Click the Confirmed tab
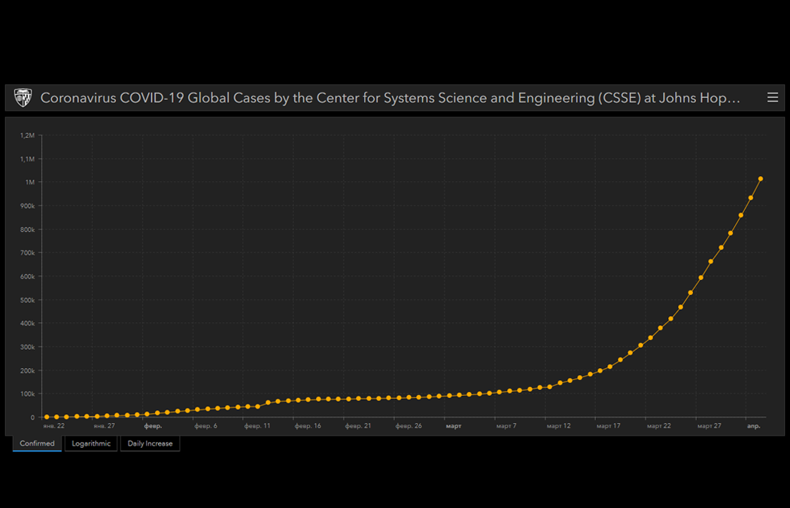click(x=37, y=443)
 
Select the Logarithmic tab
click(x=91, y=443)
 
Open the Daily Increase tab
click(x=150, y=443)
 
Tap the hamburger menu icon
click(x=772, y=98)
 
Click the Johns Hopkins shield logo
click(x=23, y=98)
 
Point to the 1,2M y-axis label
click(x=28, y=135)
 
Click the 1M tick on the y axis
click(x=30, y=182)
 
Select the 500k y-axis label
click(x=27, y=300)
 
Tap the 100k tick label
click(x=27, y=394)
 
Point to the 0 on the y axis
click(x=32, y=417)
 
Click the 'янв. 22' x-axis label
click(x=54, y=426)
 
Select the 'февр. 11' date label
click(x=257, y=426)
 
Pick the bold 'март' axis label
click(x=454, y=426)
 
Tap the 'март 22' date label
click(x=658, y=426)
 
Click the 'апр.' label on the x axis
click(x=753, y=426)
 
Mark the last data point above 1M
click(x=761, y=178)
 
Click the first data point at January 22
click(x=47, y=416)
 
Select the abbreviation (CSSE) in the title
click(x=620, y=99)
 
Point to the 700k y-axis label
click(x=27, y=253)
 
